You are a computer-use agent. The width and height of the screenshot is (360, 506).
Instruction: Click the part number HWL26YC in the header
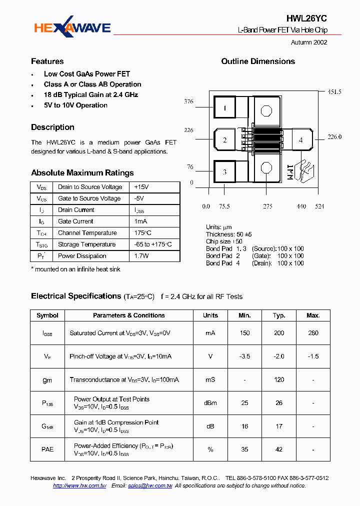306,18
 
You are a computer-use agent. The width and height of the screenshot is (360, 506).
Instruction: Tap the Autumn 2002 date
309,42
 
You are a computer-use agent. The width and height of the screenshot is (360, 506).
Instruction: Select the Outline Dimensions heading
258,61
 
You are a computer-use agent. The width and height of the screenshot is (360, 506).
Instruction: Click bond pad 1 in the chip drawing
225,108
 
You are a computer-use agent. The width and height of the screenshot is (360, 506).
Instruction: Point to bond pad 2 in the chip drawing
225,140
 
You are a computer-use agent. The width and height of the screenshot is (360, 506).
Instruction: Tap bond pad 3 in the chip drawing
225,172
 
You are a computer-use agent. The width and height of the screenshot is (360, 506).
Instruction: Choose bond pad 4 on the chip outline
300,140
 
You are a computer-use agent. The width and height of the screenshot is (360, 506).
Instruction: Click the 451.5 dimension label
334,92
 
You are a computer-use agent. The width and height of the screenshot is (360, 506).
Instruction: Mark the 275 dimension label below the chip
268,206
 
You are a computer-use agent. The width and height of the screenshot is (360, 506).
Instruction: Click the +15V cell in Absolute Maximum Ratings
142,187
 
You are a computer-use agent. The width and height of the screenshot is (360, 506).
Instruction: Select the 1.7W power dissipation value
141,256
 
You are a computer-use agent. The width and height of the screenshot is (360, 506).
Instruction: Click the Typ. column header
279,315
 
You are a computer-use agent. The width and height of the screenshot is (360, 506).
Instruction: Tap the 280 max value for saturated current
313,333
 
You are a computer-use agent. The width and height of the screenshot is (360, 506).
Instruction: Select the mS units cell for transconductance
210,380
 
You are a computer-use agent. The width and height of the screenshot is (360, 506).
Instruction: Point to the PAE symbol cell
47,449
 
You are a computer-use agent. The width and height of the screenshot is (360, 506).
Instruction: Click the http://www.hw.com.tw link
79,486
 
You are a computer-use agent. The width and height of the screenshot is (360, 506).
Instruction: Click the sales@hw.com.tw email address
149,486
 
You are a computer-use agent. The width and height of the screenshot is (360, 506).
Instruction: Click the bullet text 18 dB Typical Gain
90,95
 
